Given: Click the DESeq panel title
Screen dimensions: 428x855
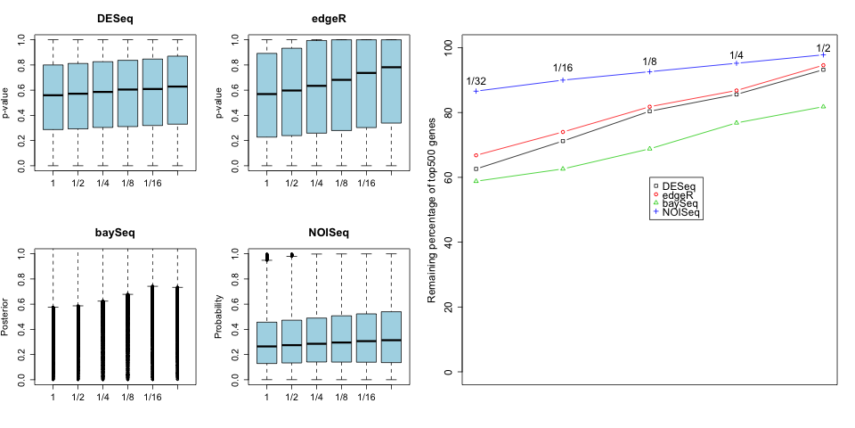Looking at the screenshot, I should pyautogui.click(x=115, y=20).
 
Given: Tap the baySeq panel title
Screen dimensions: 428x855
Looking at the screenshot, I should pyautogui.click(x=115, y=234).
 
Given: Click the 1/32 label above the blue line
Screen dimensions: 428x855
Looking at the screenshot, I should pyautogui.click(x=476, y=81).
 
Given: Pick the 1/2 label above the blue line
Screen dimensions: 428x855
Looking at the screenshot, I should pyautogui.click(x=824, y=48).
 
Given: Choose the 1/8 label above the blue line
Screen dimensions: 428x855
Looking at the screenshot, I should pyautogui.click(x=650, y=62).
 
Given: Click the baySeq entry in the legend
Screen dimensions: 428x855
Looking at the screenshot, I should pyautogui.click(x=681, y=203).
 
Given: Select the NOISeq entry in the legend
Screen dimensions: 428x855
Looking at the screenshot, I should pyautogui.click(x=682, y=212).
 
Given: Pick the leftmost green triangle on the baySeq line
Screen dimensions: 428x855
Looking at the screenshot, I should pyautogui.click(x=476, y=181).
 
